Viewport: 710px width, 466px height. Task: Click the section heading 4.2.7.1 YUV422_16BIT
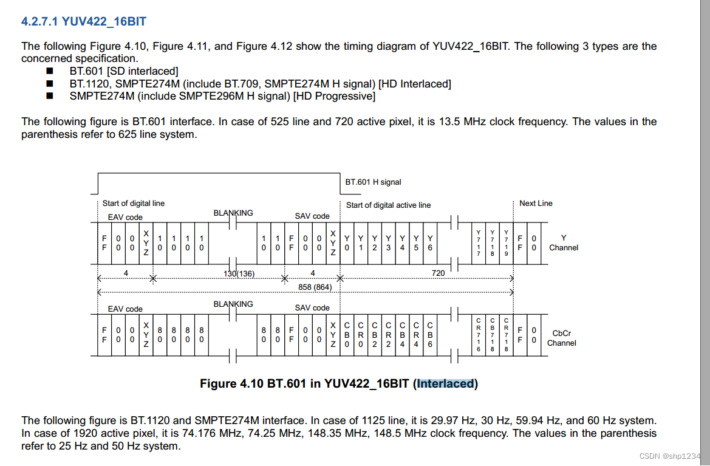(x=83, y=22)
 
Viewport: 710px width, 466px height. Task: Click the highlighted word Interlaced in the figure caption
(x=445, y=383)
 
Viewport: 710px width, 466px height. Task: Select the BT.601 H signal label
(x=373, y=182)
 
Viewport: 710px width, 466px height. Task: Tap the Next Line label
(x=536, y=204)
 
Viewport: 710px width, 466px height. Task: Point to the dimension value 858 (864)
(x=314, y=287)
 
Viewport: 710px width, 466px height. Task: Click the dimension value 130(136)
(x=239, y=274)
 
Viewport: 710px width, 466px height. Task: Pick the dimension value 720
(x=438, y=273)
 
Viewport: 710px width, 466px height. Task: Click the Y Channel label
(x=563, y=242)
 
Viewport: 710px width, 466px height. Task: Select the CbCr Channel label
(x=561, y=338)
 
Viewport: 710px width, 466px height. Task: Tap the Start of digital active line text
(x=388, y=205)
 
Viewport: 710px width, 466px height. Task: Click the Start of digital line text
(x=133, y=204)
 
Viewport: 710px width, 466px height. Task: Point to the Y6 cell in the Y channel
(x=429, y=242)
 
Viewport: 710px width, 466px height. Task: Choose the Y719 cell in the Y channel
(x=507, y=242)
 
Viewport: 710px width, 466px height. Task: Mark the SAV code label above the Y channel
(x=312, y=216)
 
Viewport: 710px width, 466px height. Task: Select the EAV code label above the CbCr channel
(x=125, y=309)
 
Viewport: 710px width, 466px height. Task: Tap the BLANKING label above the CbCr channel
(x=233, y=304)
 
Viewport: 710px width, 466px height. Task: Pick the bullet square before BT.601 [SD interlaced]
(x=50, y=71)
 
